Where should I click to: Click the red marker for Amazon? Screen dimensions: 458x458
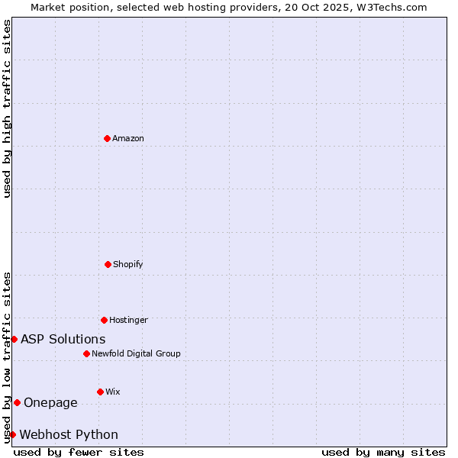click(x=107, y=138)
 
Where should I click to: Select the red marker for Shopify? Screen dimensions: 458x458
click(x=108, y=264)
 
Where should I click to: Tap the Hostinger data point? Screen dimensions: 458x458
click(x=104, y=320)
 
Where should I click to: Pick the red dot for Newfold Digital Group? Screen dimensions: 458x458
click(x=86, y=353)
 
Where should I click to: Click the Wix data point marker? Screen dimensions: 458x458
click(x=100, y=392)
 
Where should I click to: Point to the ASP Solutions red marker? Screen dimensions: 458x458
click(x=14, y=339)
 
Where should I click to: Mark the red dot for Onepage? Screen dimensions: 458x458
click(x=17, y=402)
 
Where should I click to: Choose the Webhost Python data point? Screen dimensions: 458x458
click(x=12, y=434)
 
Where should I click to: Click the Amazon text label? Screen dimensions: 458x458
click(x=128, y=138)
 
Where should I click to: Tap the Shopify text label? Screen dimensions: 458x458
click(x=128, y=264)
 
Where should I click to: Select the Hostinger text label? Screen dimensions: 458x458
click(x=128, y=320)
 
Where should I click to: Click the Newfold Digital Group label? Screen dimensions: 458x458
click(x=136, y=353)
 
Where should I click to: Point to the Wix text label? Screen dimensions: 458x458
click(x=113, y=392)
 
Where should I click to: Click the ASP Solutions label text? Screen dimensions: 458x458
click(x=63, y=339)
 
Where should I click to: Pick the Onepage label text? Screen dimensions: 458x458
click(x=51, y=402)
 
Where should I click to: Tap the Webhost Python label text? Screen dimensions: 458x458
click(x=69, y=434)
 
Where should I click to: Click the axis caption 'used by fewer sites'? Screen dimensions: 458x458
click(x=79, y=452)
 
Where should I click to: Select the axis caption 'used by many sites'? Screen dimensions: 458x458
click(x=383, y=452)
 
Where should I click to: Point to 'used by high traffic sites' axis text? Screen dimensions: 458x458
click(x=7, y=108)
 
